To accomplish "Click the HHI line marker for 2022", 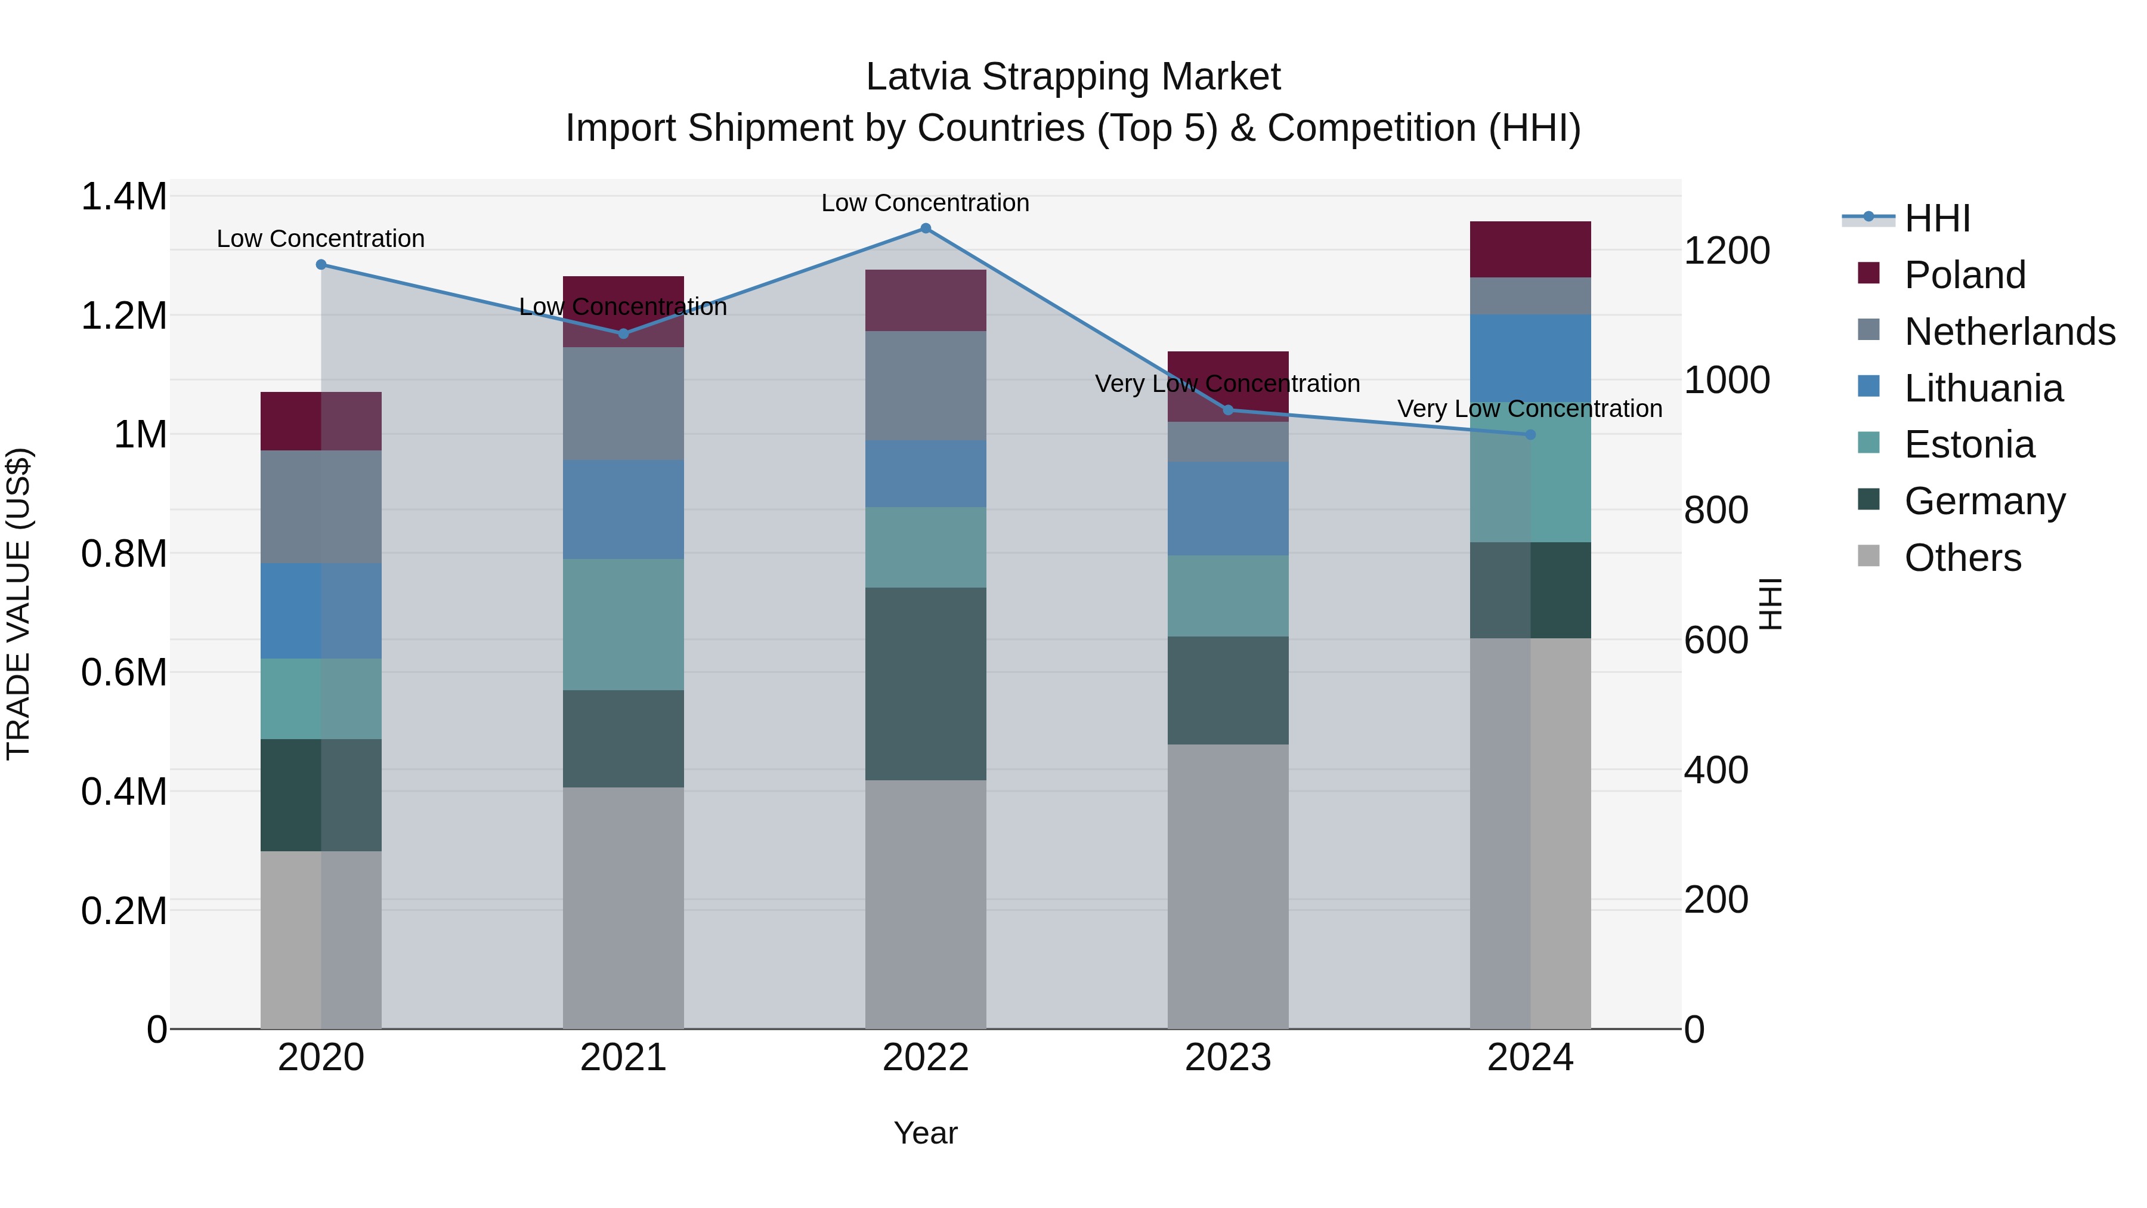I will pyautogui.click(x=925, y=228).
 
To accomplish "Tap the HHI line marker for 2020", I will pyautogui.click(x=321, y=264).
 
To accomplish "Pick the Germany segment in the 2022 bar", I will pyautogui.click(x=925, y=684).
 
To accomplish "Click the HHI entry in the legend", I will pyautogui.click(x=1936, y=218).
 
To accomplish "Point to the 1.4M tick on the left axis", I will pyautogui.click(x=124, y=197).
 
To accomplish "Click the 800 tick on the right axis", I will pyautogui.click(x=1715, y=510).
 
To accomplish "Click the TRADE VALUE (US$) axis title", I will pyautogui.click(x=18, y=604).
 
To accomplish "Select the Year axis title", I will pyautogui.click(x=925, y=1133).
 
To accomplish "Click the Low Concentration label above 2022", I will pyautogui.click(x=925, y=203).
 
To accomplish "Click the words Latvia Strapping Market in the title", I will pyautogui.click(x=1073, y=77).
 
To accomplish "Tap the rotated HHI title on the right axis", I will pyautogui.click(x=1770, y=604).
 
